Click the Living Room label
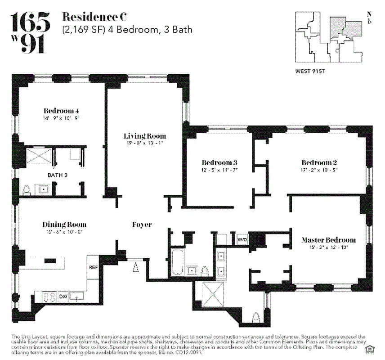[x=145, y=136]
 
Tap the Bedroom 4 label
[x=62, y=111]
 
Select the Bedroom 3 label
[x=219, y=162]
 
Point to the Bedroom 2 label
[x=319, y=162]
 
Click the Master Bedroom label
[x=328, y=240]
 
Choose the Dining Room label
[x=64, y=225]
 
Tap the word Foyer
[x=142, y=225]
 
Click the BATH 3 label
[x=57, y=175]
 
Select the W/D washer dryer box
[x=242, y=240]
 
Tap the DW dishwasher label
[x=63, y=297]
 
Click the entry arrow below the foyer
[x=134, y=268]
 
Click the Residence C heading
[x=94, y=18]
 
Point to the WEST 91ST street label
[x=311, y=71]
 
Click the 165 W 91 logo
[x=30, y=32]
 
